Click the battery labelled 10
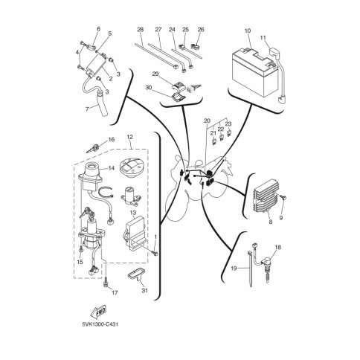coord(254,71)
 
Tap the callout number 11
coord(263,38)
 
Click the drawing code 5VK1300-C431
coord(100,324)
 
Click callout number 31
coord(144,290)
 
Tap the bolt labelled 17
coord(106,282)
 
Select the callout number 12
coord(129,137)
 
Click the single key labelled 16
coord(92,148)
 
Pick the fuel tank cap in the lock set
coord(131,168)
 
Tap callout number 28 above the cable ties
coord(141,30)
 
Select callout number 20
coord(207,121)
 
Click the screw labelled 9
coord(283,197)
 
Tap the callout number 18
coord(278,247)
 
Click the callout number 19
coord(234,268)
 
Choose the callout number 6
coord(98,29)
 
